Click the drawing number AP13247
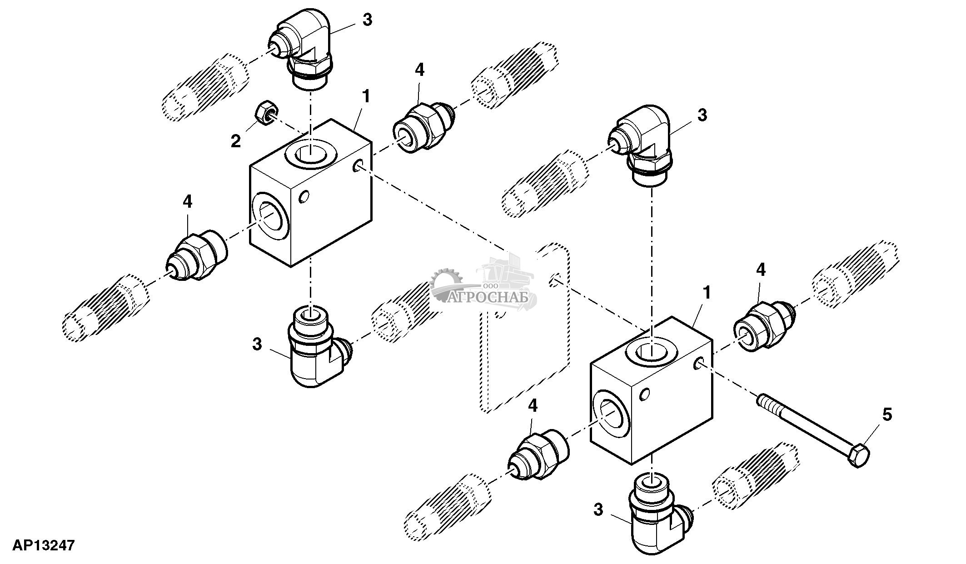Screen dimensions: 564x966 44,545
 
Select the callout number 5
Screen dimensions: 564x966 887,415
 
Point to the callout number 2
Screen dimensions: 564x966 235,141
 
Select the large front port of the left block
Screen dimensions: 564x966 271,215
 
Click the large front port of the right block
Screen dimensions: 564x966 612,414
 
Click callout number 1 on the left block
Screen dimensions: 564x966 366,96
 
